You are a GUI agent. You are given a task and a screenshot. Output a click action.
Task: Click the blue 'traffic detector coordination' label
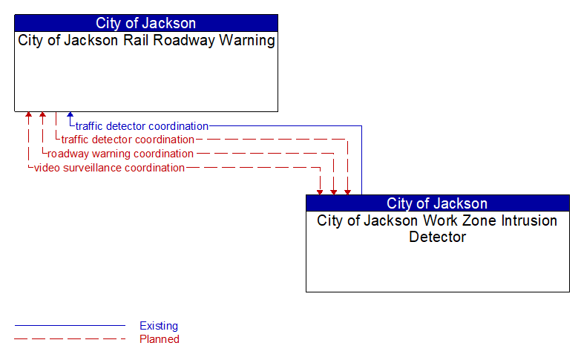(142, 126)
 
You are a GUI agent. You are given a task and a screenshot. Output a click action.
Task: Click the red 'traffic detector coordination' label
(128, 140)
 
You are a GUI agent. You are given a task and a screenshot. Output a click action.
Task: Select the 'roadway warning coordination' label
(120, 154)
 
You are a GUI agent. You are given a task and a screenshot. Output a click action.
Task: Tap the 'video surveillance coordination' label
(109, 168)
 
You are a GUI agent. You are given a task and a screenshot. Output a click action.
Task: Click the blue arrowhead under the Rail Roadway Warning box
(70, 114)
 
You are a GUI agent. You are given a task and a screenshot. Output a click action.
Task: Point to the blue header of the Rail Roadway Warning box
(146, 23)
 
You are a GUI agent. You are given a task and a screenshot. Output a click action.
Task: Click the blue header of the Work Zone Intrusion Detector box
(438, 203)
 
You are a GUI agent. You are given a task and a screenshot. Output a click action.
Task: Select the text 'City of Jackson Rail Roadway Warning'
(146, 40)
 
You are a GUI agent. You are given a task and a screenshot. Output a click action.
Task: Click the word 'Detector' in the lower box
(438, 237)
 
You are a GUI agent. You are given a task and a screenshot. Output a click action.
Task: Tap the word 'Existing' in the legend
(159, 326)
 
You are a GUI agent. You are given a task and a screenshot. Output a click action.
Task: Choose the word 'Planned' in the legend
(160, 339)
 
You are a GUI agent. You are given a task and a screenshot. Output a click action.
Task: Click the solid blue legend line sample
(70, 326)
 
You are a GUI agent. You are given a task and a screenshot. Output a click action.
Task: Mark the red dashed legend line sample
(70, 339)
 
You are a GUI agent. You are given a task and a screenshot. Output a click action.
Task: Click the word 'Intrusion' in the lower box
(529, 220)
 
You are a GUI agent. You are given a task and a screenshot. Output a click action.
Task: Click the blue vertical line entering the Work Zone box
(361, 160)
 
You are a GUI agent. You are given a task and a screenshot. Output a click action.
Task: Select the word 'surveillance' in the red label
(93, 168)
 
